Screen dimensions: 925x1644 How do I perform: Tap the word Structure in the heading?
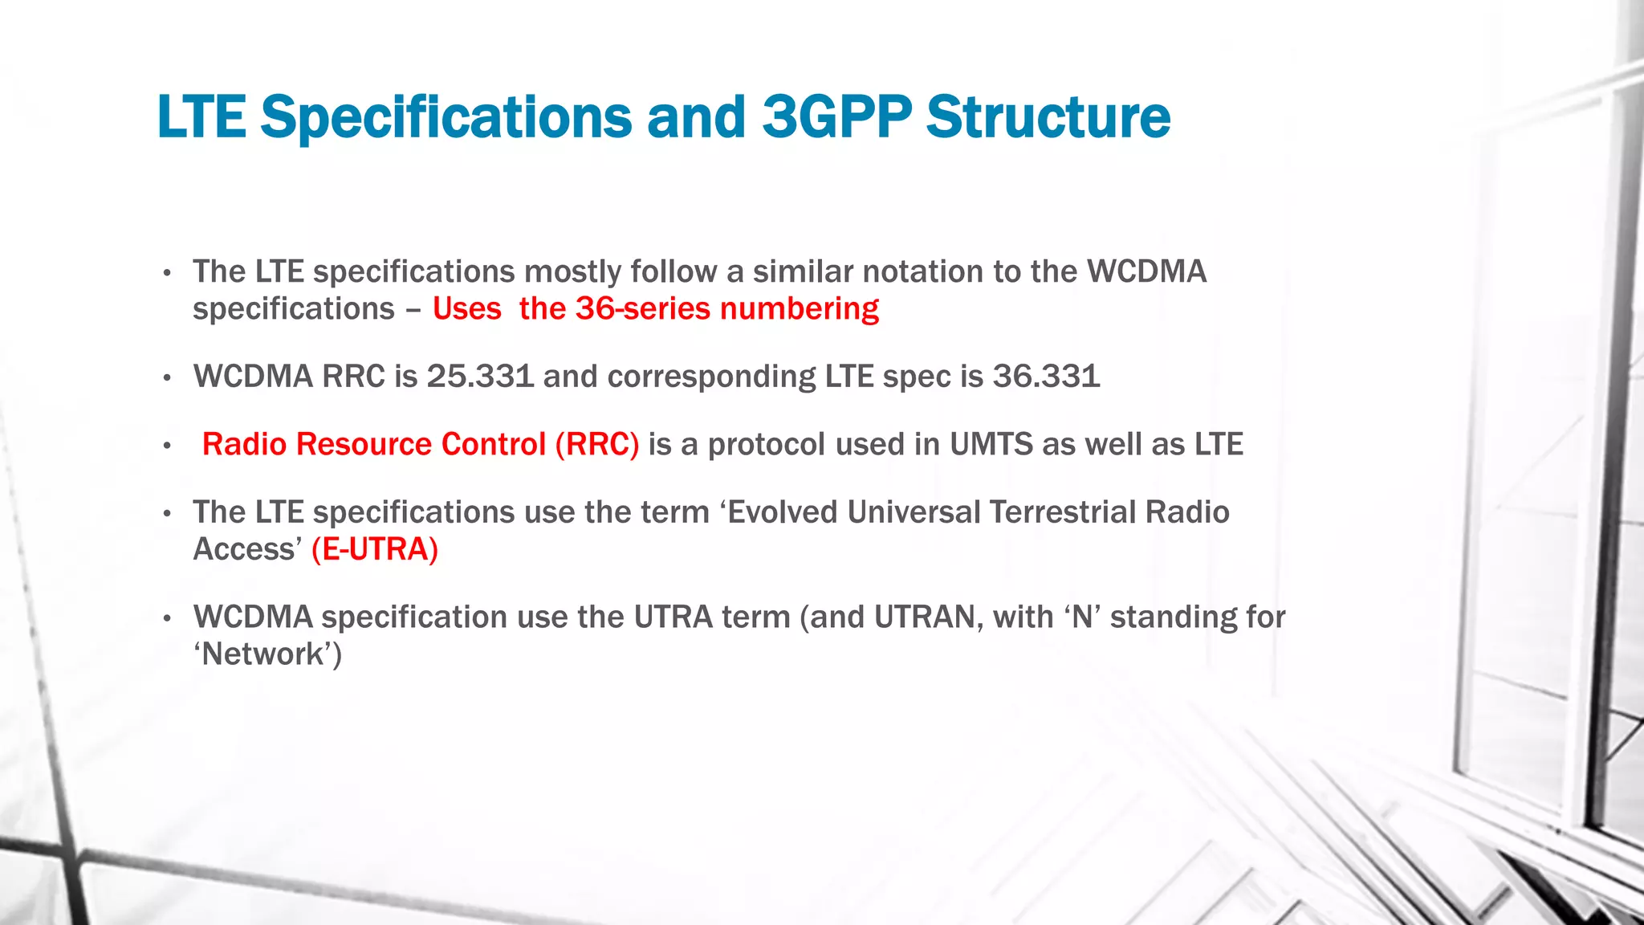(1048, 117)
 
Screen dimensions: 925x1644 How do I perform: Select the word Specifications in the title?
(446, 117)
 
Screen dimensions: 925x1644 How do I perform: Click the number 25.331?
(480, 376)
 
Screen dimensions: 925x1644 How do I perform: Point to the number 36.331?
(1046, 376)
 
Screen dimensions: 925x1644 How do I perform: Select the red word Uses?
(466, 309)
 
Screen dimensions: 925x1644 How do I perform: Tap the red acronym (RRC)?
(597, 444)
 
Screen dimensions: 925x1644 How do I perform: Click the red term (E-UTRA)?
(375, 549)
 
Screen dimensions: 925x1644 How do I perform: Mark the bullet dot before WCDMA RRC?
(167, 378)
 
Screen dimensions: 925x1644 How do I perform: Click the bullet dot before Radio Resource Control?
(167, 446)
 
